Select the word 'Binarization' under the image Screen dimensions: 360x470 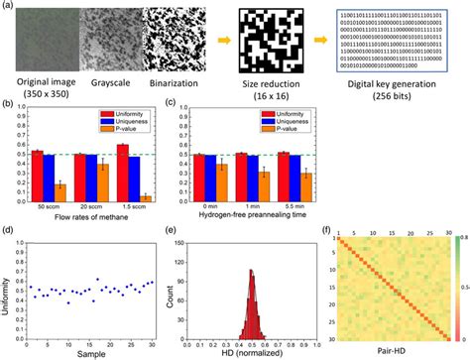tap(172, 78)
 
